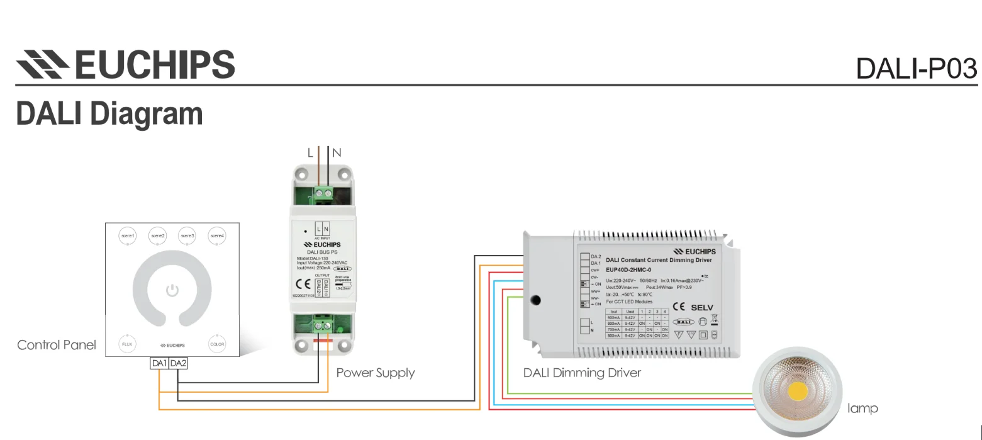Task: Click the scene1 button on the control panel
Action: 128,235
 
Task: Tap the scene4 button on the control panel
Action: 217,235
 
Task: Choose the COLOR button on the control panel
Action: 217,344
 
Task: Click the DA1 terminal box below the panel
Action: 159,363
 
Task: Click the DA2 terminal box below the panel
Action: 178,363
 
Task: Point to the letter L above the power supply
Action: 310,152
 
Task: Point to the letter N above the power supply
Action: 337,152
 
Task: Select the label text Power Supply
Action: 376,373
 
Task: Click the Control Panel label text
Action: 57,345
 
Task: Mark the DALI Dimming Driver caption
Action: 582,373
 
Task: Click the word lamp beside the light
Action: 862,409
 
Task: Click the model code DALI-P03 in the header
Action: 917,69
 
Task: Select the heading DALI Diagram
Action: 109,114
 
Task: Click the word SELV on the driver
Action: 702,308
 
